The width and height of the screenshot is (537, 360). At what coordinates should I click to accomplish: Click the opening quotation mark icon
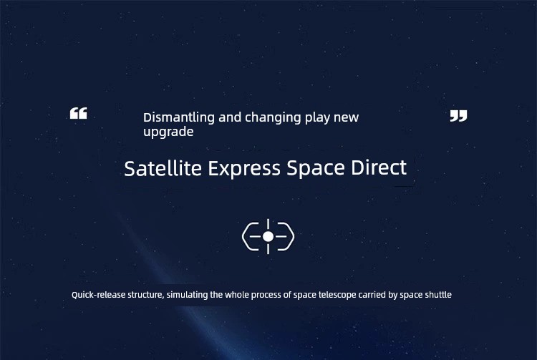pyautogui.click(x=79, y=113)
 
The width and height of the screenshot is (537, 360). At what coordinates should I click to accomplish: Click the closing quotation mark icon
pyautogui.click(x=458, y=116)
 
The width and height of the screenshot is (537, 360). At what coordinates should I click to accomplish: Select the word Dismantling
pyautogui.click(x=179, y=117)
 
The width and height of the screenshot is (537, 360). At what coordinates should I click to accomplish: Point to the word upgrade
pyautogui.click(x=168, y=132)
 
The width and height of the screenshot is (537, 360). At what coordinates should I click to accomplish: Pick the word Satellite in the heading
pyautogui.click(x=163, y=168)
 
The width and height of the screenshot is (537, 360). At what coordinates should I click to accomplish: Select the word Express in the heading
pyautogui.click(x=245, y=169)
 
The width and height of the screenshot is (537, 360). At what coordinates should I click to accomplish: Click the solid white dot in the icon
pyautogui.click(x=268, y=236)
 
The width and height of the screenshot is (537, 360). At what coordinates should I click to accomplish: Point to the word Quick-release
pyautogui.click(x=98, y=295)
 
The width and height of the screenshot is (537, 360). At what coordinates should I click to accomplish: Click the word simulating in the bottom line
pyautogui.click(x=188, y=295)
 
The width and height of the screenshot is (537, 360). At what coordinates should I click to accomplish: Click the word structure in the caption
pyautogui.click(x=145, y=295)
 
